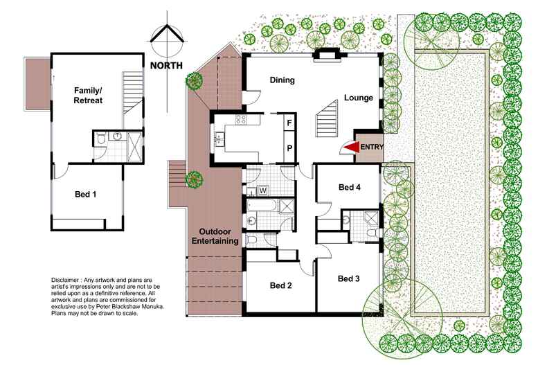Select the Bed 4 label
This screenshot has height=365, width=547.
point(349,187)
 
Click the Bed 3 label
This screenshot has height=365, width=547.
point(349,278)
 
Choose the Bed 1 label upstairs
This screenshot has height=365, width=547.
point(87,195)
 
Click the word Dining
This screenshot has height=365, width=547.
point(283,80)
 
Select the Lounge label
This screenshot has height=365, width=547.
point(359,98)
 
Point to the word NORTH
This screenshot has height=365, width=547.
point(165,66)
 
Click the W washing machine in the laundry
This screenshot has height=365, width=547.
point(263,190)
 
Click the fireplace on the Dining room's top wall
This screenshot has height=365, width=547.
point(324,57)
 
